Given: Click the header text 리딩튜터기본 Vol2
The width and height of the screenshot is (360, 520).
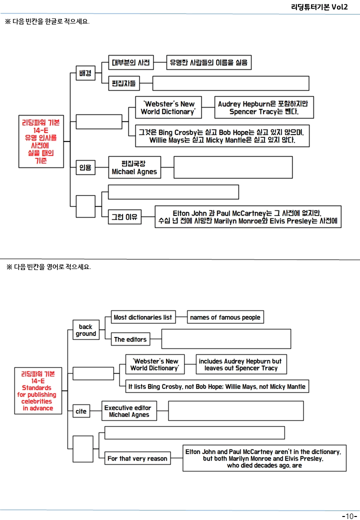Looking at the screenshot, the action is (x=319, y=7).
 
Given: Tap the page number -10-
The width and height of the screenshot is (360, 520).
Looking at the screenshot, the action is (x=349, y=515).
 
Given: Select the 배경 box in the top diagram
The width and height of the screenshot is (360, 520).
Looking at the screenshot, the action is (x=85, y=73).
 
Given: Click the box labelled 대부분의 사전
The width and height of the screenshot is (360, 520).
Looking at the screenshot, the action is (x=131, y=62).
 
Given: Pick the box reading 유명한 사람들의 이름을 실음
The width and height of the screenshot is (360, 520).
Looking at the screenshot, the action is (x=209, y=62).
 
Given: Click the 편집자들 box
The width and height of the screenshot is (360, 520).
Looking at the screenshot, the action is (x=124, y=83).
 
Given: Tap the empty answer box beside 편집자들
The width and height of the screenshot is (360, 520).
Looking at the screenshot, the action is (x=230, y=83).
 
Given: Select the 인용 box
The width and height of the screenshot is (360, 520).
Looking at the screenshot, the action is (x=85, y=167).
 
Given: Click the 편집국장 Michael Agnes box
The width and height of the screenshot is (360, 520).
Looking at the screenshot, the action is (x=134, y=167).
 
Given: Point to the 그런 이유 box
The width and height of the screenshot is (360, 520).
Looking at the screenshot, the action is (x=124, y=217).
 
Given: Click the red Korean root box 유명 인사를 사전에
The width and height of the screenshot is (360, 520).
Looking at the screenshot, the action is (x=41, y=141).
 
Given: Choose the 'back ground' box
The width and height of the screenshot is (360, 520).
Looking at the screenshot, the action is (x=86, y=330).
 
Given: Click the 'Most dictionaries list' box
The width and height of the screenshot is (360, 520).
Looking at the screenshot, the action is (x=143, y=317).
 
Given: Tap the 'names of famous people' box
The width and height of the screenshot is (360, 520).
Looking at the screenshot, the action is (x=225, y=317).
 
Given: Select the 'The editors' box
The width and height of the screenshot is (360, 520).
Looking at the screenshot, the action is (x=130, y=339).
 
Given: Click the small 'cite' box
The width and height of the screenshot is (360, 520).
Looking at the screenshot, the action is (x=81, y=411).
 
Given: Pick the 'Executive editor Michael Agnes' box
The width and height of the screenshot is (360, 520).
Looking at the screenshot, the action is (x=129, y=411).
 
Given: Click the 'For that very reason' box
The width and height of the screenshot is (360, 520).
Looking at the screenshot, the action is (x=137, y=458).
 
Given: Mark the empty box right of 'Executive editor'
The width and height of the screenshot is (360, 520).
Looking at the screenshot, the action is (x=236, y=411).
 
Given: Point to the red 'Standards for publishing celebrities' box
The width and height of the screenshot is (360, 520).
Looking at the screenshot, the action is (x=38, y=390).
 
